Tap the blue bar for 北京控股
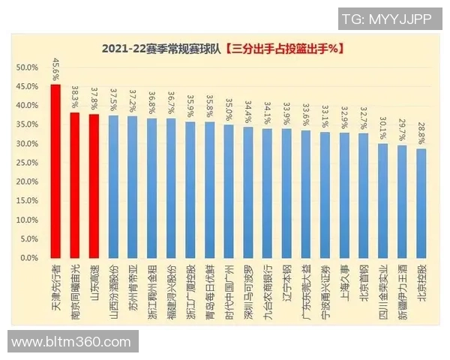(x=421, y=203)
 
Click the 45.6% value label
(x=55, y=68)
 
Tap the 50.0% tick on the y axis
(x=28, y=67)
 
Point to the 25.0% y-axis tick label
(x=28, y=163)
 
